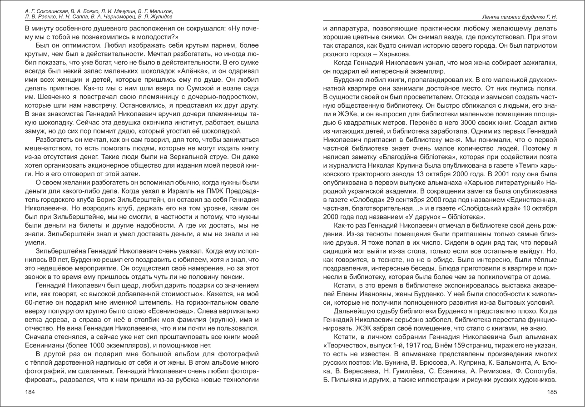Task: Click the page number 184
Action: pyautogui.click(x=30, y=392)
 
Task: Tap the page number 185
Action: pyautogui.click(x=552, y=392)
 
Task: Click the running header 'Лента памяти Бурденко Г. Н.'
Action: pyautogui.click(x=520, y=17)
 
